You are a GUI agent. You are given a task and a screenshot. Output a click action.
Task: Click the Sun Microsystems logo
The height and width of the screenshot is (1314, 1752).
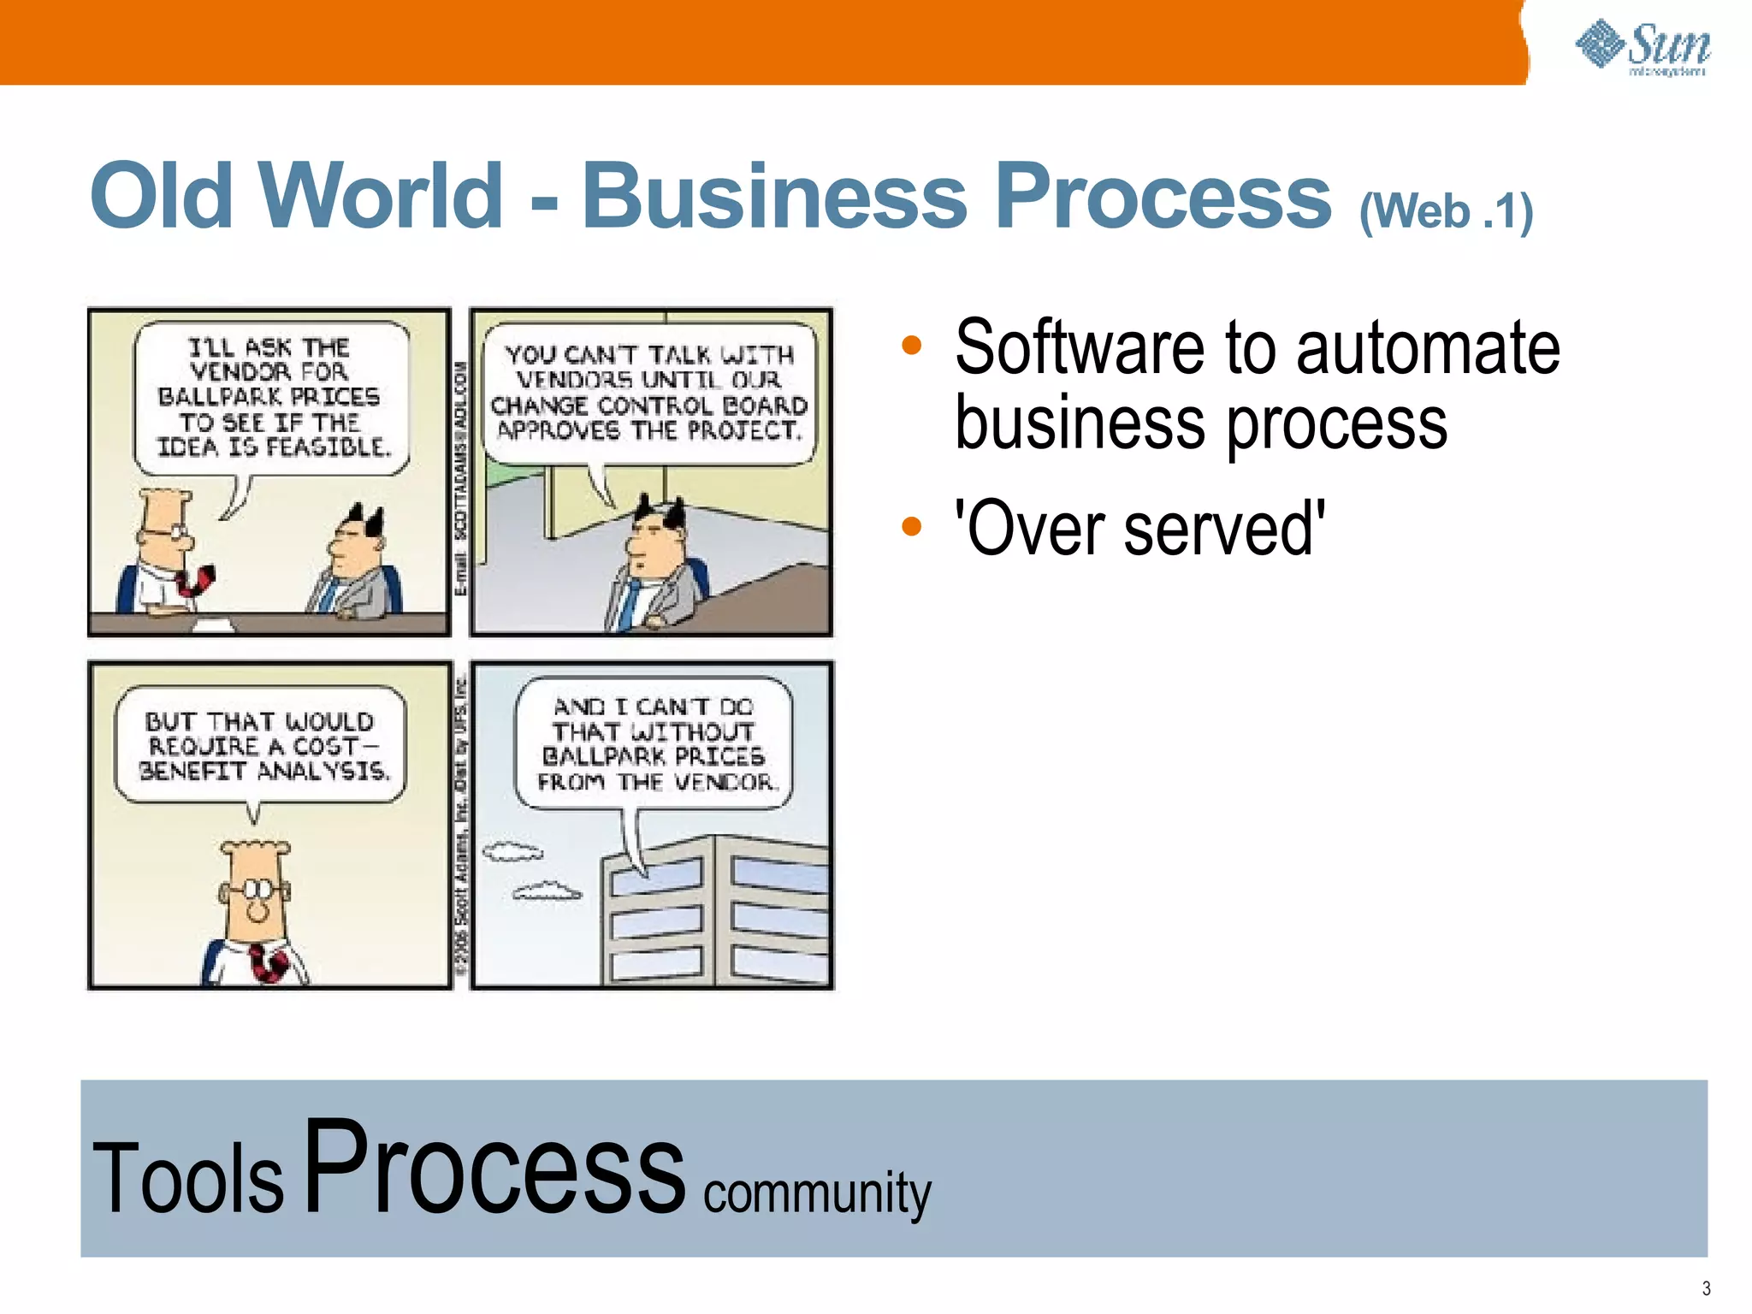point(1642,48)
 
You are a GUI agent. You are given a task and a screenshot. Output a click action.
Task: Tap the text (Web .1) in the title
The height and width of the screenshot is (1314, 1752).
point(1445,211)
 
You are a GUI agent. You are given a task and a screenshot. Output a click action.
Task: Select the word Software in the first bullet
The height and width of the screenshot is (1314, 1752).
point(1081,347)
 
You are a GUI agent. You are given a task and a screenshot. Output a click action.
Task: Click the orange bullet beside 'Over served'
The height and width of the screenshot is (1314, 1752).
point(912,525)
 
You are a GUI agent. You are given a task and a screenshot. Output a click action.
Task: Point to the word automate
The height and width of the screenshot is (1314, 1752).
point(1428,347)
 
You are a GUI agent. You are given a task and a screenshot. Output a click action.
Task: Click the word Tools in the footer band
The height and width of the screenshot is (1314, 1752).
point(187,1178)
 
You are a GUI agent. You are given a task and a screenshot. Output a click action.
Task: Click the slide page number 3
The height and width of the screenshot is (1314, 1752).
point(1706,1288)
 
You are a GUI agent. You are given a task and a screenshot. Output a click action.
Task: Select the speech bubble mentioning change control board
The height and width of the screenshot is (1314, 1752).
point(649,394)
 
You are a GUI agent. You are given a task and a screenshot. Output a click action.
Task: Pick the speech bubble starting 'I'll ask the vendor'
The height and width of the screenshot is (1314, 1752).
point(270,397)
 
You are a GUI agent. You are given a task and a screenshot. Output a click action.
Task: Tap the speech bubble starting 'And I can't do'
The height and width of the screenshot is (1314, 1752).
point(654,743)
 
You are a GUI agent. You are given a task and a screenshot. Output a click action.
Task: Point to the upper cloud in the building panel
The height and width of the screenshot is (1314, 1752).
point(512,851)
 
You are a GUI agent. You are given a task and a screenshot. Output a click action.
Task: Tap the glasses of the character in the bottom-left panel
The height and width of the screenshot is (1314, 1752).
point(257,890)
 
